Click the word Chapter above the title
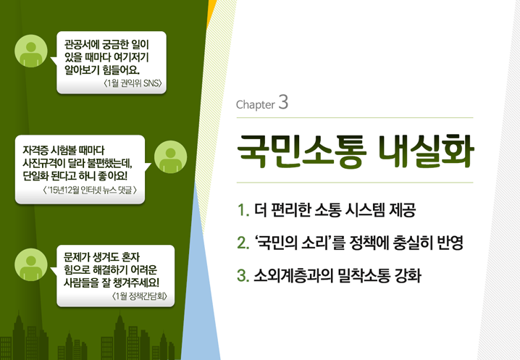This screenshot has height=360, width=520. [x=256, y=104]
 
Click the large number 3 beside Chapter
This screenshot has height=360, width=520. [x=283, y=102]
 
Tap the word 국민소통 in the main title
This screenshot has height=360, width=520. [x=302, y=151]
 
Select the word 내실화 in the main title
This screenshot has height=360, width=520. [x=426, y=151]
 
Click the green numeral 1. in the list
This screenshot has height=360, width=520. [x=243, y=210]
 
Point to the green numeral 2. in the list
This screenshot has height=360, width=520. [x=243, y=243]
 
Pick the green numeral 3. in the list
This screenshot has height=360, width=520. [x=243, y=275]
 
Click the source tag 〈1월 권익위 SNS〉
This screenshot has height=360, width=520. [x=133, y=83]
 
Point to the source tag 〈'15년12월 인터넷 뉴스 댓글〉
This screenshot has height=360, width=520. [x=90, y=191]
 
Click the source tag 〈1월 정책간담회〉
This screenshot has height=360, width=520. [x=140, y=296]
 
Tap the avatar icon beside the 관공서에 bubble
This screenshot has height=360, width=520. [x=31, y=51]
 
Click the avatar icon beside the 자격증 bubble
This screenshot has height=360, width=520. [x=170, y=157]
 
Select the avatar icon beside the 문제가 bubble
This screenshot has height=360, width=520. [x=31, y=265]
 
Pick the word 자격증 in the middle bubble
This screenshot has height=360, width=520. [x=35, y=151]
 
